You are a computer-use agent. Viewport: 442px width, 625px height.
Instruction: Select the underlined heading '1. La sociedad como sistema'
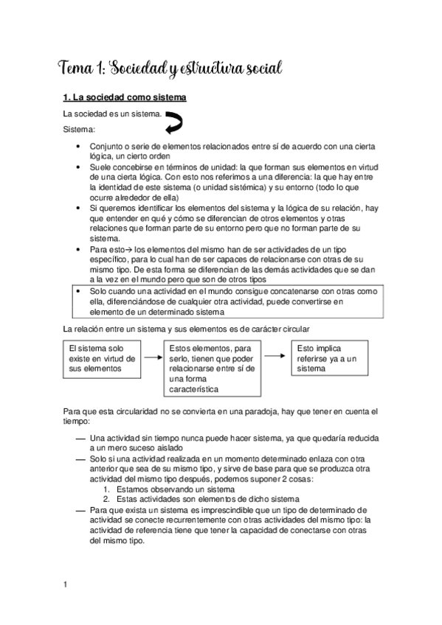click(124, 98)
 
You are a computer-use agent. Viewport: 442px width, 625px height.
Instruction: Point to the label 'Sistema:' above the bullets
click(79, 130)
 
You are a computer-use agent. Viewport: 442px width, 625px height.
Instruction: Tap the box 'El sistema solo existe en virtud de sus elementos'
click(102, 358)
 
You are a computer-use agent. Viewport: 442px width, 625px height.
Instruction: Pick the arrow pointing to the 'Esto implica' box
click(276, 356)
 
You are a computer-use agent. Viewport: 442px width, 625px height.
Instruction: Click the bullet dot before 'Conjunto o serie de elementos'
click(80, 146)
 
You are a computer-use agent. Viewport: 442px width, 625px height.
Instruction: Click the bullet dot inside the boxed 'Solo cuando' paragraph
click(80, 292)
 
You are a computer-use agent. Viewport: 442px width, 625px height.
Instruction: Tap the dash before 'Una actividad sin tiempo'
click(80, 439)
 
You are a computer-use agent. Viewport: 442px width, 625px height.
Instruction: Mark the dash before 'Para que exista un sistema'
click(80, 510)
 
